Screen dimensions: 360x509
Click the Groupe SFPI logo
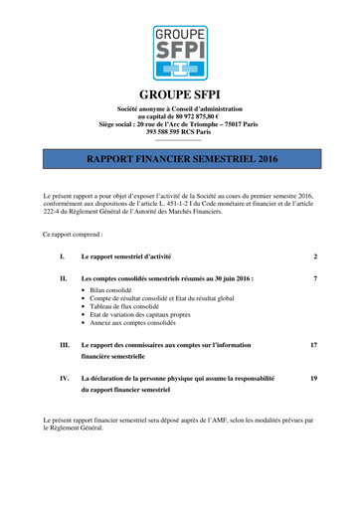pos(179,54)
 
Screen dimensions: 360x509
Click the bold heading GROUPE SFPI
pos(179,95)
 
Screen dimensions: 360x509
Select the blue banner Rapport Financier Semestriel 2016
pos(179,158)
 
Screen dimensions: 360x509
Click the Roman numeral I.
pos(63,256)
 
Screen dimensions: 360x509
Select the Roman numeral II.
pos(64,279)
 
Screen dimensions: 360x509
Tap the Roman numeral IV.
pos(64,379)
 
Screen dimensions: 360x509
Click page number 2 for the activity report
pos(314,256)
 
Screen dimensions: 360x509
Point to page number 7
pos(314,279)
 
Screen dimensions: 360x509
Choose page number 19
pos(313,379)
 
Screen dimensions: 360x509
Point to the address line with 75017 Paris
pos(179,123)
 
